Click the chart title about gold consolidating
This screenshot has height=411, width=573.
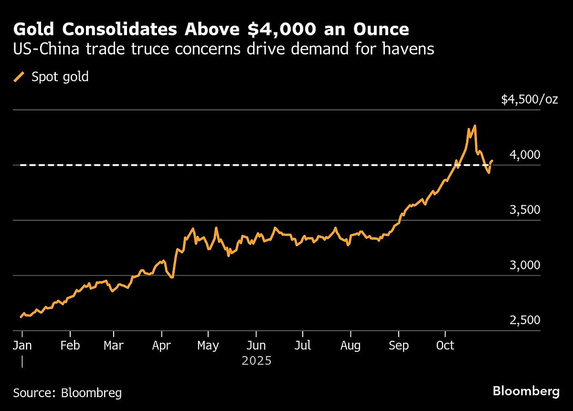(x=211, y=30)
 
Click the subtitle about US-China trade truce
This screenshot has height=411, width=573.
(x=223, y=49)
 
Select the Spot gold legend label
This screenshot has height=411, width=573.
(x=60, y=77)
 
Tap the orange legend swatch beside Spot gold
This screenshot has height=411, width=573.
(x=20, y=77)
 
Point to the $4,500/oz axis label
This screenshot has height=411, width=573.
(x=529, y=99)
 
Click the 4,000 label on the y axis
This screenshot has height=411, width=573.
(x=525, y=155)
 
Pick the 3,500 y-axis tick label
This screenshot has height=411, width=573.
(x=525, y=210)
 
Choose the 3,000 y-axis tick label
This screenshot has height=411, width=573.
(x=525, y=265)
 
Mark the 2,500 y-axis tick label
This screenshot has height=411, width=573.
(x=525, y=320)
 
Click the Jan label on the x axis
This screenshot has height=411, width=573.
(x=22, y=345)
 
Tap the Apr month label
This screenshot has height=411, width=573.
(x=162, y=345)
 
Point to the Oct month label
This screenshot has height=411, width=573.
(x=445, y=345)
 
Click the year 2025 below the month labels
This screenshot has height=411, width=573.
(x=256, y=360)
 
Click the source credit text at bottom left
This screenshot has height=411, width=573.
(x=67, y=393)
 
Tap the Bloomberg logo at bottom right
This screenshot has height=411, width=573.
(x=526, y=391)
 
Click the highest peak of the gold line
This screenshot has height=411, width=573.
(x=474, y=126)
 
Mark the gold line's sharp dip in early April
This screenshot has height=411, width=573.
(x=172, y=277)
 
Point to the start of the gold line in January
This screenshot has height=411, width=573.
(x=21, y=316)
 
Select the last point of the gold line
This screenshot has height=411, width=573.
(x=492, y=161)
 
